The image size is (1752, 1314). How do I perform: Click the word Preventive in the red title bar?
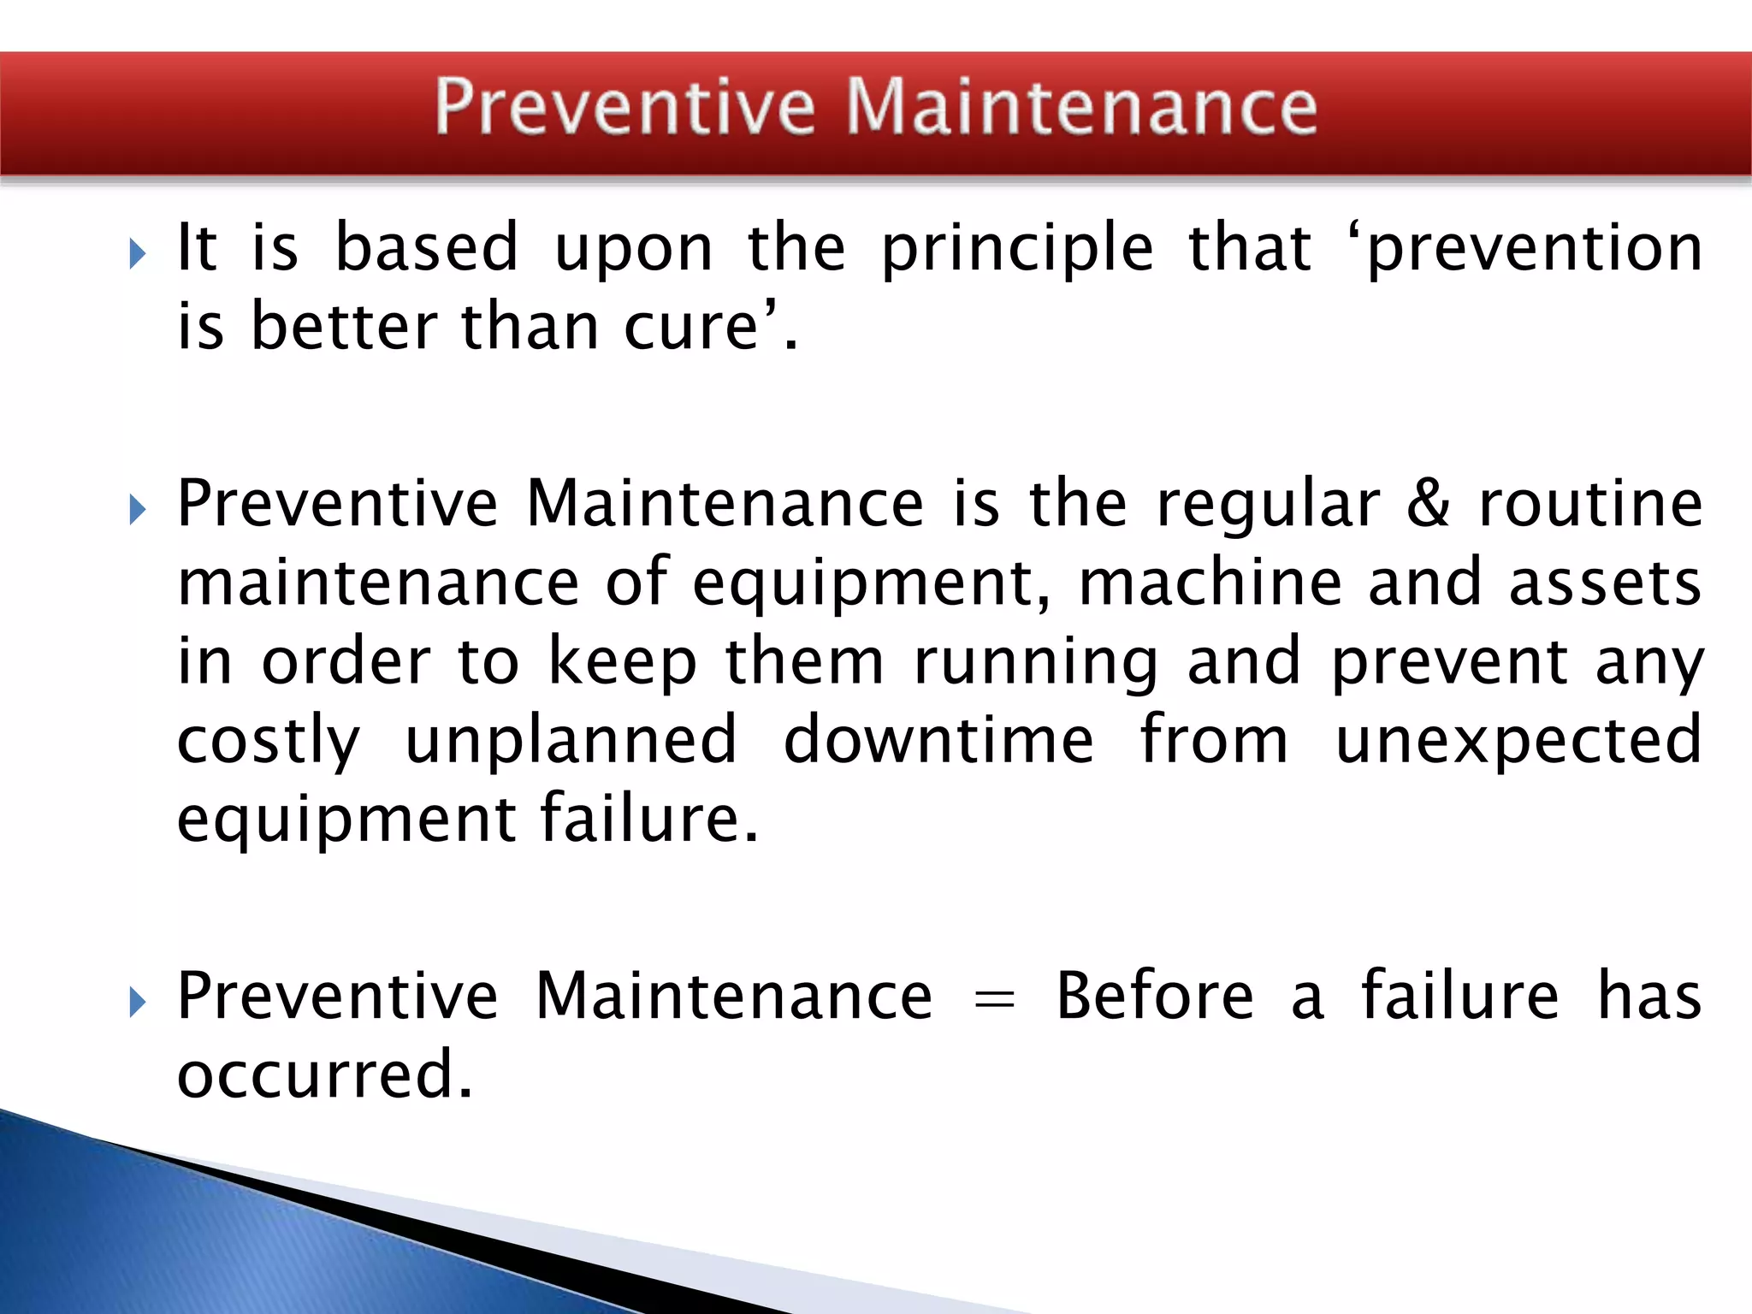pos(624,107)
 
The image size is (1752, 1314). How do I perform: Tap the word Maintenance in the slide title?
pos(1081,107)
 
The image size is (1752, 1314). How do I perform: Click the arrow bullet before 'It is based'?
pos(138,254)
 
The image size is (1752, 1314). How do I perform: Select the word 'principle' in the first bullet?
pos(1017,249)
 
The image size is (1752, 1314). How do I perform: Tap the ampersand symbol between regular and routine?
pos(1428,503)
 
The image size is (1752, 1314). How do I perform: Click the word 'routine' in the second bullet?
pos(1591,503)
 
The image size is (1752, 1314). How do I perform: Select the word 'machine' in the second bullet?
pos(1210,583)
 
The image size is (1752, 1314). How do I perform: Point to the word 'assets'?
pos(1605,583)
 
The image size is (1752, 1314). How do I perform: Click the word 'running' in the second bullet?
pos(1035,662)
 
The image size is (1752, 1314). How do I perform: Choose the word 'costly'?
pos(269,741)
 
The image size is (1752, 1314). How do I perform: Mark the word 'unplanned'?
pos(571,739)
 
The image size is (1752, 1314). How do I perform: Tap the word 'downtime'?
pos(938,739)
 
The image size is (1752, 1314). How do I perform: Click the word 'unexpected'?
pos(1518,741)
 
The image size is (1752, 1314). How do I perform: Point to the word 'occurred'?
pos(324,1074)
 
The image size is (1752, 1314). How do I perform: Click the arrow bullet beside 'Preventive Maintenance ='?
pos(138,1002)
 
